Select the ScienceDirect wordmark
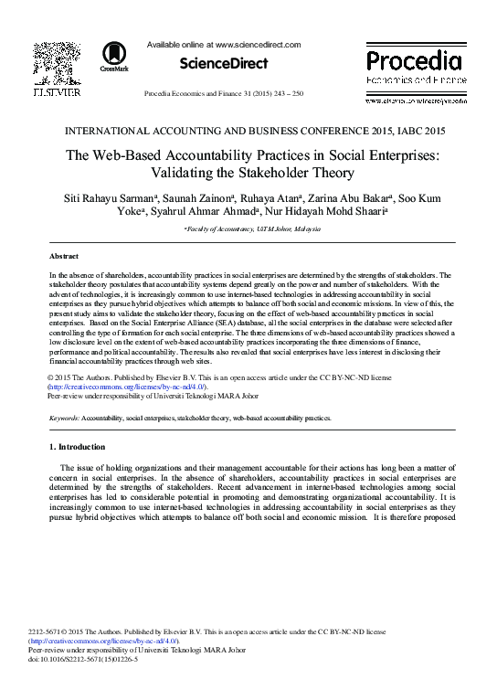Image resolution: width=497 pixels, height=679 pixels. coord(223,63)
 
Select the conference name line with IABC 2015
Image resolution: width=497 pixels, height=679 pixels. coord(248,130)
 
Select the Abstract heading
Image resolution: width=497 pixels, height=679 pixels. coord(63,257)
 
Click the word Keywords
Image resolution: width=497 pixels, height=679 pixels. coord(67,416)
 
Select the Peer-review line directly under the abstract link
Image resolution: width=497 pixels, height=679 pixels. coord(153,397)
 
